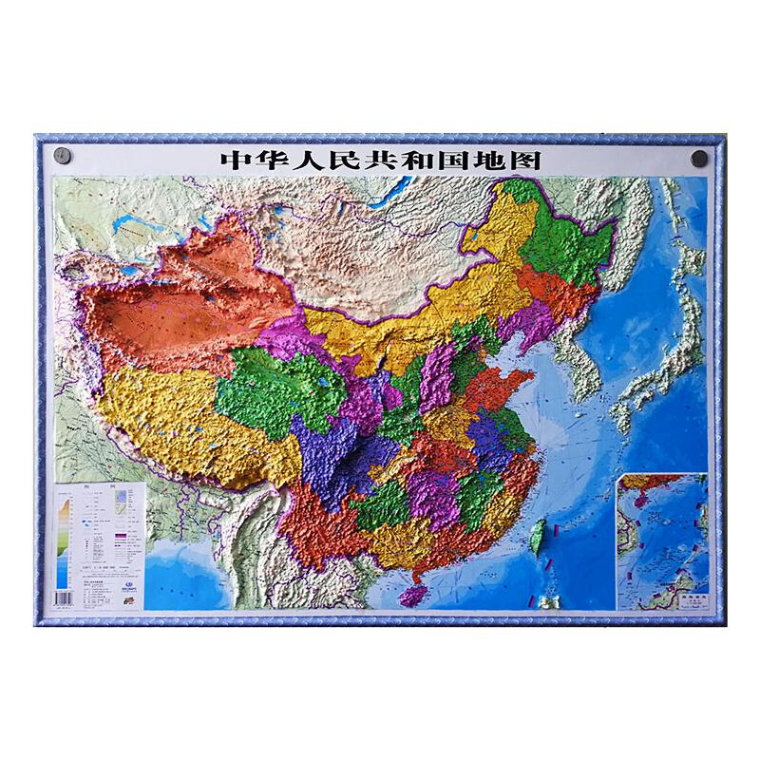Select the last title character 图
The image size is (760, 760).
click(524, 160)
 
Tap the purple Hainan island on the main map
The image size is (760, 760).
click(410, 594)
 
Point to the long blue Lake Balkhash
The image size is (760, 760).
click(130, 228)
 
